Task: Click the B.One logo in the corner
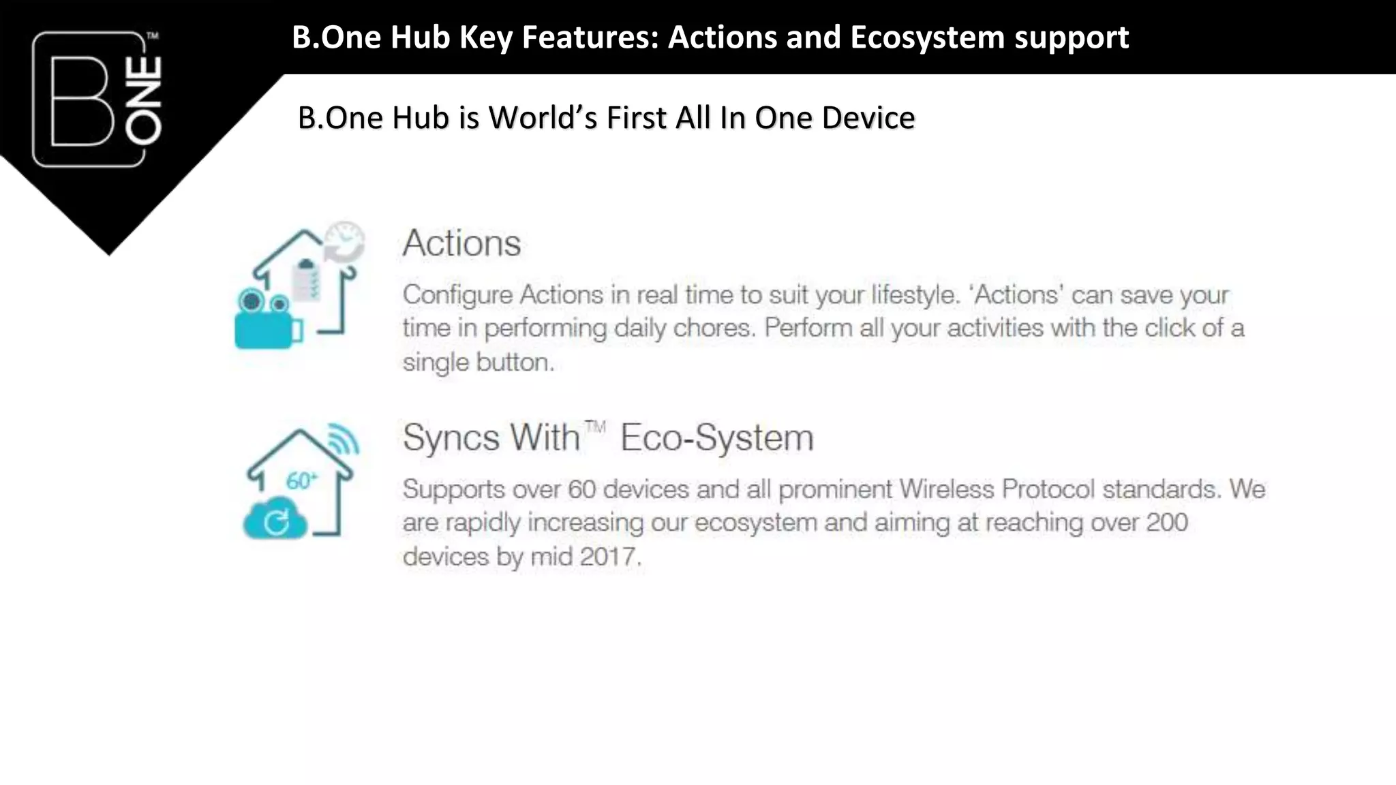click(x=97, y=99)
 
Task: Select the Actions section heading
click(x=461, y=243)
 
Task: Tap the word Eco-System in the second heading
click(x=717, y=437)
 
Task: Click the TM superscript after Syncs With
click(x=595, y=427)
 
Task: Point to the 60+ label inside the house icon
click(x=301, y=481)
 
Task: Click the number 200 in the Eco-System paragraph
click(x=1167, y=523)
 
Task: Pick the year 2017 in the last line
click(x=608, y=557)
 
